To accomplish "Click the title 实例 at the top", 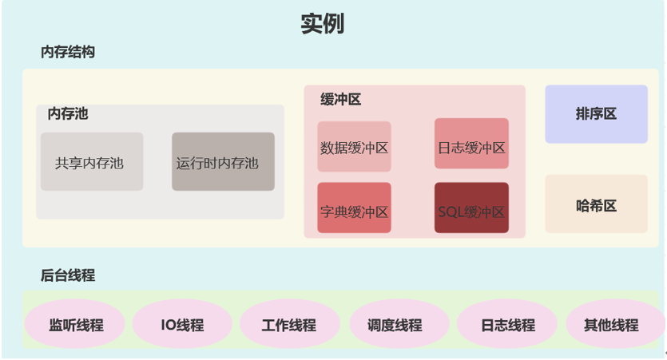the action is pos(323,23).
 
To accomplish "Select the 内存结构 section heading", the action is pos(68,52).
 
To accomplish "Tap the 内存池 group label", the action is pos(68,113).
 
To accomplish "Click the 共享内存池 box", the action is pos(92,162).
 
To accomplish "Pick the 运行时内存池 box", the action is pos(223,162).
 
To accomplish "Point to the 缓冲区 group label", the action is pos(340,99).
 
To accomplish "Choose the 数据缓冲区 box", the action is pos(354,147).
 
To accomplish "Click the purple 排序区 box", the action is pos(596,114).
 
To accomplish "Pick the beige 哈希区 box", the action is pos(596,204).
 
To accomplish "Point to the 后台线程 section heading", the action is pos(68,275).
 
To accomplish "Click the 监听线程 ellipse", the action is pos(76,325).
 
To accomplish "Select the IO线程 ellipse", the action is pos(182,325).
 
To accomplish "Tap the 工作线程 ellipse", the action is pos(289,325).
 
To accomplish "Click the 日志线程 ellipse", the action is pos(507,325).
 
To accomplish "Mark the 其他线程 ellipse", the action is pos(611,325).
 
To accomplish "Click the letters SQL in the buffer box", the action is pos(451,212).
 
